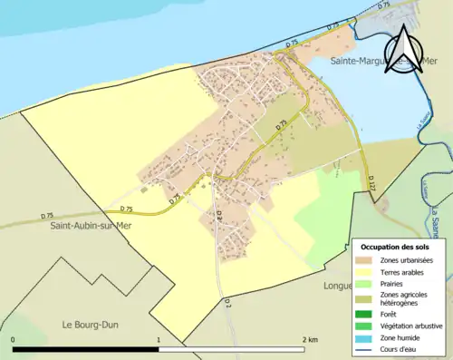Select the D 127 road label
click(x=371, y=185)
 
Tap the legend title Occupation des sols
click(x=395, y=247)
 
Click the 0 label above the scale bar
click(x=14, y=339)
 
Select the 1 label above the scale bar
click(x=159, y=339)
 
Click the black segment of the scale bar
click(x=86, y=348)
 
